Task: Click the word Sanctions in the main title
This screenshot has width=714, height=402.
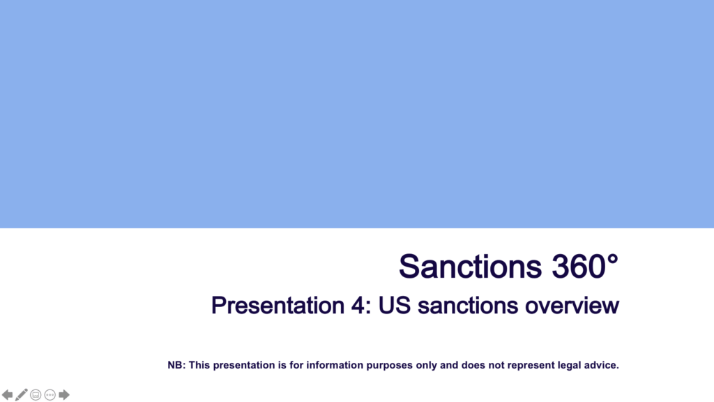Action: pyautogui.click(x=471, y=267)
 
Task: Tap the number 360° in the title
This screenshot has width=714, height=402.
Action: pyautogui.click(x=585, y=267)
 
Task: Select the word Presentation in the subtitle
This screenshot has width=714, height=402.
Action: pyautogui.click(x=278, y=306)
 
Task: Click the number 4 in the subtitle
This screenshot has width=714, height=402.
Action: pyautogui.click(x=358, y=306)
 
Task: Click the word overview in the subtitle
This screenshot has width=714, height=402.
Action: pyautogui.click(x=572, y=306)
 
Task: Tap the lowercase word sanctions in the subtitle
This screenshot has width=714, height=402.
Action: pyautogui.click(x=468, y=306)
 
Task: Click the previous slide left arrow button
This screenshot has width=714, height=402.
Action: pyautogui.click(x=7, y=395)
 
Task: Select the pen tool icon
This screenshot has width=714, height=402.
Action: pyautogui.click(x=21, y=395)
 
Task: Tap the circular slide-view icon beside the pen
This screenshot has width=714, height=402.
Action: pyautogui.click(x=36, y=395)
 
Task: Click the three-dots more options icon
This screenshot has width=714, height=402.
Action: pyautogui.click(x=50, y=395)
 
